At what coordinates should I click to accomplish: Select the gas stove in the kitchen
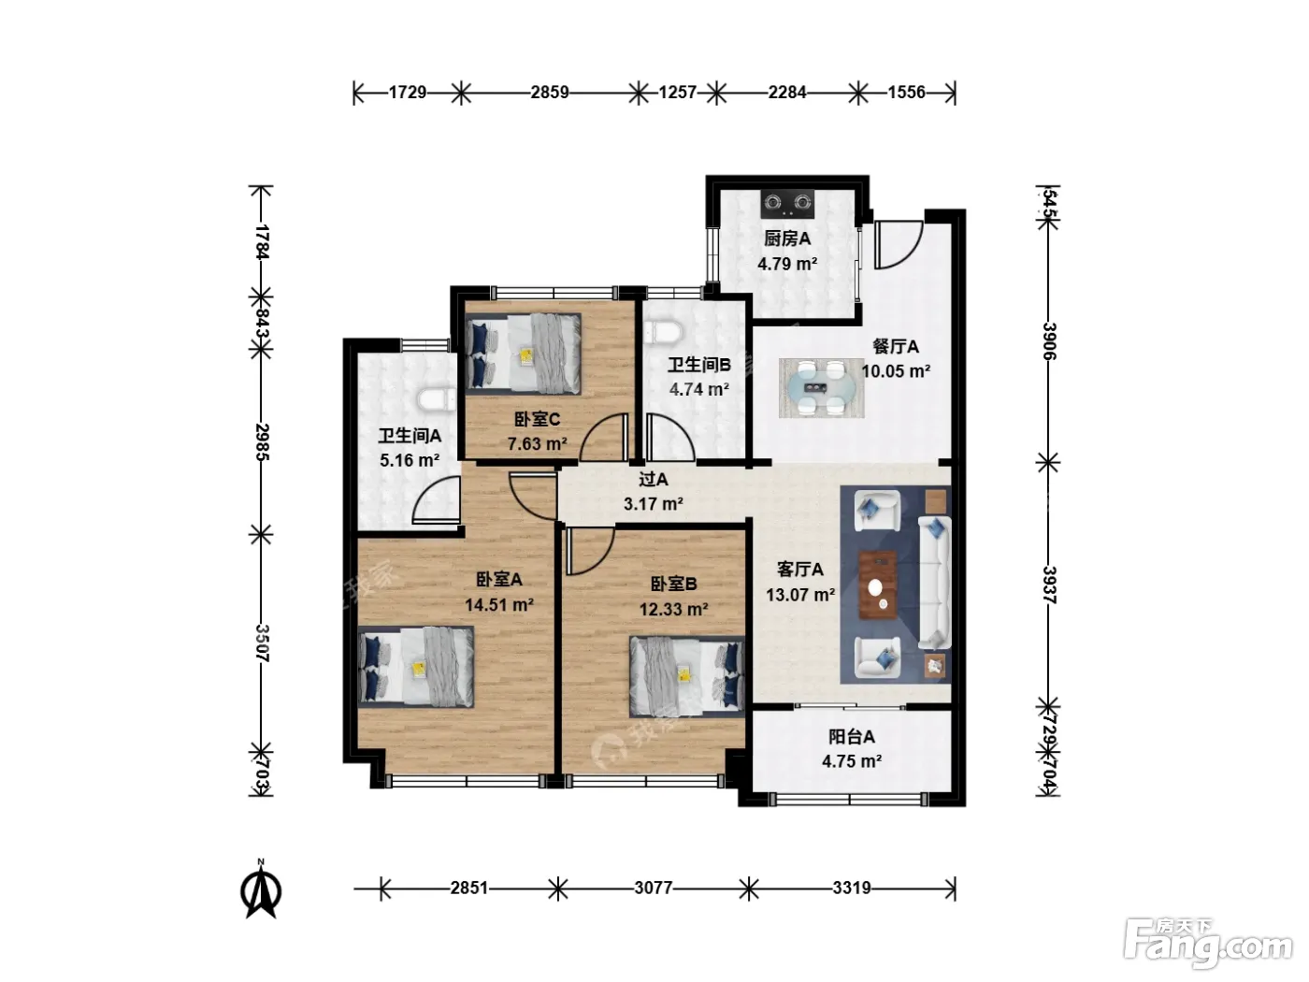(788, 203)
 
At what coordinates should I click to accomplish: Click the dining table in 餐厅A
(821, 387)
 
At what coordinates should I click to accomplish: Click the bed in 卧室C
(523, 354)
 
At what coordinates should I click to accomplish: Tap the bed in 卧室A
(416, 667)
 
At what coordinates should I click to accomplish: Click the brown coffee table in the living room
(877, 585)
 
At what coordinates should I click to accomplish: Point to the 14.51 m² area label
(499, 605)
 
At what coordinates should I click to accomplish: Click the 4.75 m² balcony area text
(852, 761)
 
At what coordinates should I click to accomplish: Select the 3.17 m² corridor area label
(653, 504)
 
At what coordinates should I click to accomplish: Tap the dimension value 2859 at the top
(549, 93)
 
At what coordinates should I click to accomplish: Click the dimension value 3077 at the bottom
(653, 888)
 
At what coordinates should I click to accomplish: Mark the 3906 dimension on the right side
(1049, 341)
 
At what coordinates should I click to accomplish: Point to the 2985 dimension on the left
(263, 441)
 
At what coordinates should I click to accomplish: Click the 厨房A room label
(787, 239)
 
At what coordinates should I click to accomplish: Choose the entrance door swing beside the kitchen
(899, 245)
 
